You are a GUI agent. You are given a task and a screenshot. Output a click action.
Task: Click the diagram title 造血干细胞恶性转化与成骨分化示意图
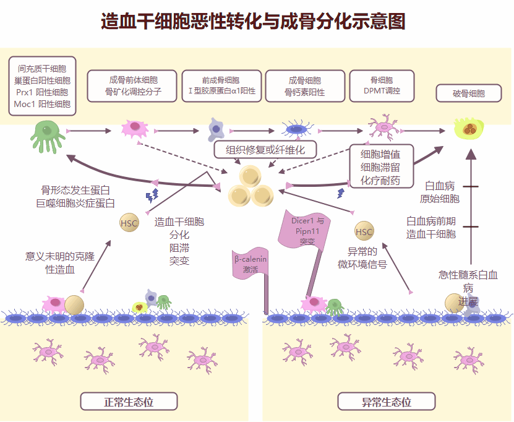[x=253, y=22]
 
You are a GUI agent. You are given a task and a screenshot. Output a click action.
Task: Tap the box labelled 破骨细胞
[x=468, y=94]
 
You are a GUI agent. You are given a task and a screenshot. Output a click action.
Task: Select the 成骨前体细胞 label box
[x=132, y=86]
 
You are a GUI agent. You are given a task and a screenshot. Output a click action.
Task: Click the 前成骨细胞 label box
[x=221, y=86]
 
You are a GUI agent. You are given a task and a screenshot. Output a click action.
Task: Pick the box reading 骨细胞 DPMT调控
[x=382, y=86]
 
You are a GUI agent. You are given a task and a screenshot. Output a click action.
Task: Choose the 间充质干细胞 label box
[x=42, y=85]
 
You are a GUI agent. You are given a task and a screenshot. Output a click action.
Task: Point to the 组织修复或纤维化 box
[x=265, y=150]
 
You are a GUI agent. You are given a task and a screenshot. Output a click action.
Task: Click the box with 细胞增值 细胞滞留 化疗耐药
[x=380, y=166]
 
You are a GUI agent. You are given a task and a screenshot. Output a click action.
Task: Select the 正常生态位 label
[x=129, y=402]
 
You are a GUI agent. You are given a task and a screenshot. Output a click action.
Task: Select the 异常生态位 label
[x=387, y=402]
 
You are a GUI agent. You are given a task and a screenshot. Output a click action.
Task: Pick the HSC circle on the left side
[x=129, y=223]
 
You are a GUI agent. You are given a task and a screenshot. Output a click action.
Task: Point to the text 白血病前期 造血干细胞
[x=431, y=227]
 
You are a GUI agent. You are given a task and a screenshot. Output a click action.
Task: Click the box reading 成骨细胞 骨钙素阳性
[x=305, y=86]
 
